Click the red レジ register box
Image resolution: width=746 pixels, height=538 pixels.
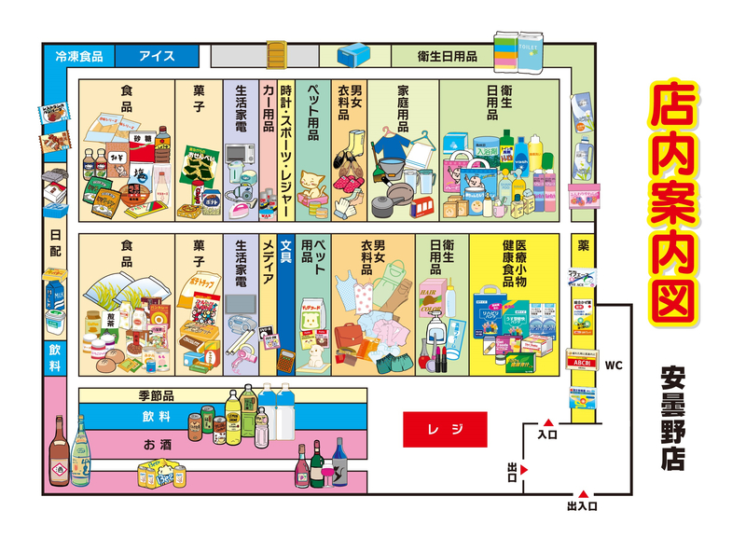(x=444, y=429)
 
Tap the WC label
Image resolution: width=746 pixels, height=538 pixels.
(x=614, y=364)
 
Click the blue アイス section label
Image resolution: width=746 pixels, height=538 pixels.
(x=157, y=56)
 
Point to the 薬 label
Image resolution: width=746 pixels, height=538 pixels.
(x=583, y=247)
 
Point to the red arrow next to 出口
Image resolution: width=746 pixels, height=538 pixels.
(x=526, y=469)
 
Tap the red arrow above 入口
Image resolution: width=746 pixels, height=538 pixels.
(x=548, y=421)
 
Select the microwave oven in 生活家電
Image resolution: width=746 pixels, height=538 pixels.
(x=237, y=155)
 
